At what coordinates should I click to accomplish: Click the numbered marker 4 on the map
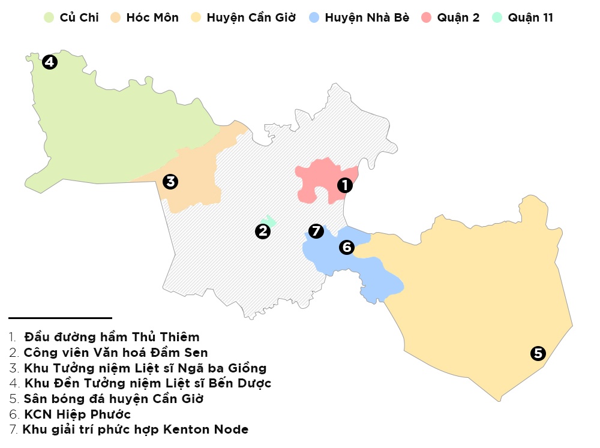[x=50, y=61]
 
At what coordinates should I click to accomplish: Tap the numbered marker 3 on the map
[x=170, y=181]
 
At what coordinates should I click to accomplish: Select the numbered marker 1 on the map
[x=344, y=185]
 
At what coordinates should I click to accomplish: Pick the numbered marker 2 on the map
[x=262, y=231]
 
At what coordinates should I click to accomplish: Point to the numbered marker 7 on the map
[x=316, y=231]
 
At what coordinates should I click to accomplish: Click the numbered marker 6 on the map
[x=346, y=246]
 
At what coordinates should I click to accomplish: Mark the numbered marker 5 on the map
[x=538, y=354]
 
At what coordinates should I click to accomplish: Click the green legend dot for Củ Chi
[x=49, y=17]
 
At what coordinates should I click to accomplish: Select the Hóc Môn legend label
[x=152, y=17]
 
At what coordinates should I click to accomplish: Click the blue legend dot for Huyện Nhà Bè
[x=314, y=17]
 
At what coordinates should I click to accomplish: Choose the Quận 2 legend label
[x=458, y=17]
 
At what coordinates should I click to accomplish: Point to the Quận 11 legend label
[x=530, y=17]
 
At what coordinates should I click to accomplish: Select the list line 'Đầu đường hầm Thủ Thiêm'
[x=112, y=337]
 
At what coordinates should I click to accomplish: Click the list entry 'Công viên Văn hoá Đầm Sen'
[x=116, y=352]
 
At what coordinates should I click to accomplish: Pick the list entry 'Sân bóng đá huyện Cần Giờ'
[x=113, y=398]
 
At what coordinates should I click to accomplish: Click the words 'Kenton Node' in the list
[x=213, y=429]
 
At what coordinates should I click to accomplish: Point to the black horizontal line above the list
[x=60, y=318]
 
